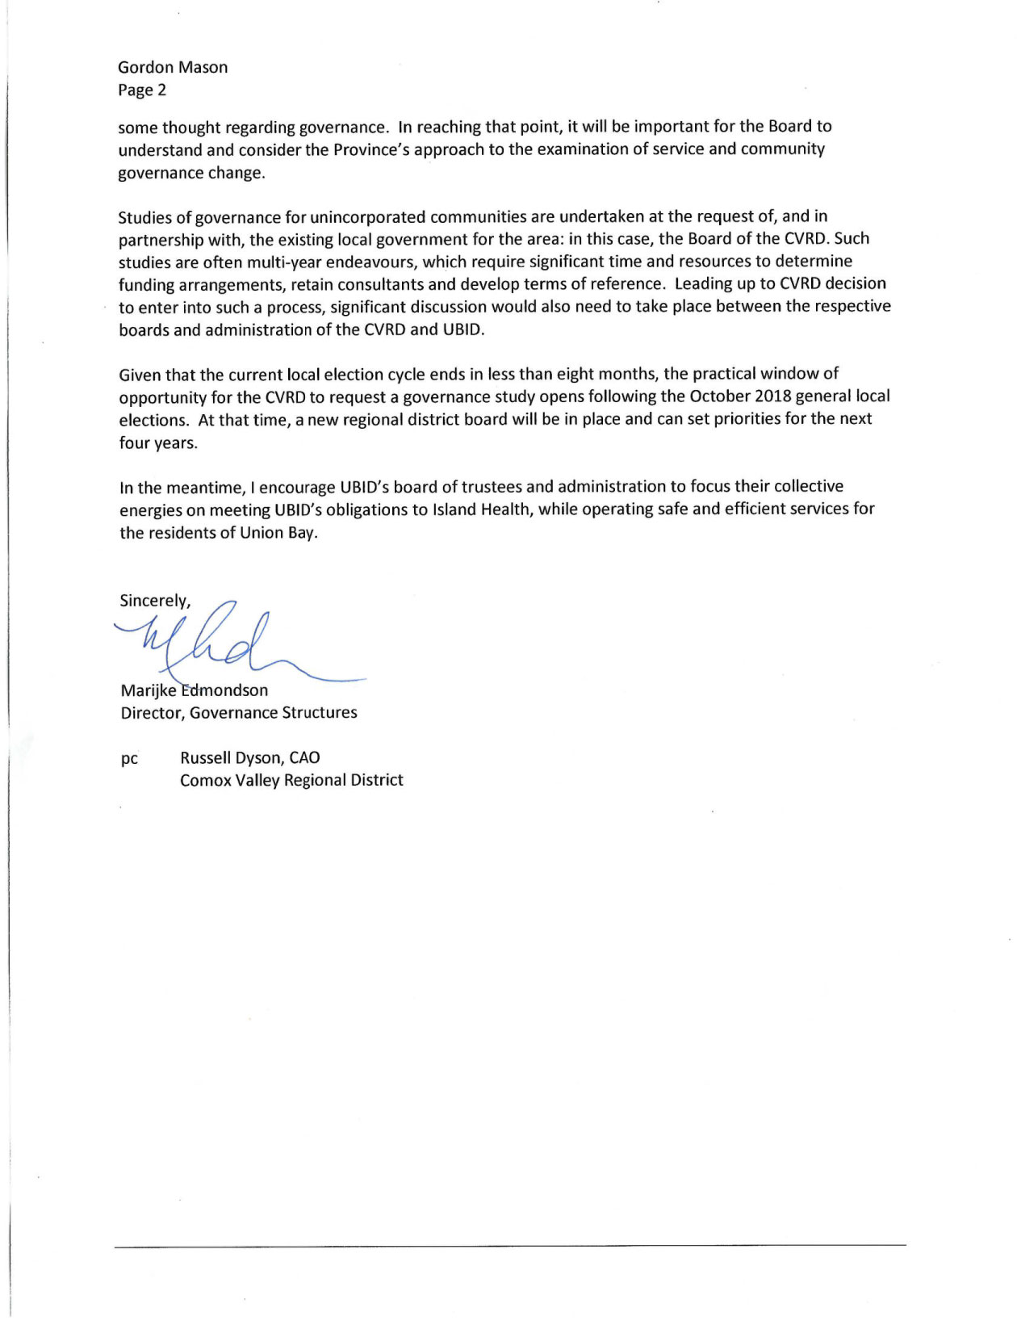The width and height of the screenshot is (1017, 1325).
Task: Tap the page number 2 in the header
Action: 162,90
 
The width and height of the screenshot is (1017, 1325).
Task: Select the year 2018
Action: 772,396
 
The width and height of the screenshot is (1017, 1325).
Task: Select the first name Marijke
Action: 149,690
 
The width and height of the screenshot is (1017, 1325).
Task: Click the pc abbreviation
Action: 129,759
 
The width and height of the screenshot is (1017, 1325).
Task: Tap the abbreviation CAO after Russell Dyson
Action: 304,758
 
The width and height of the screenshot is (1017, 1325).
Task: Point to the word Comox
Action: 205,781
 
